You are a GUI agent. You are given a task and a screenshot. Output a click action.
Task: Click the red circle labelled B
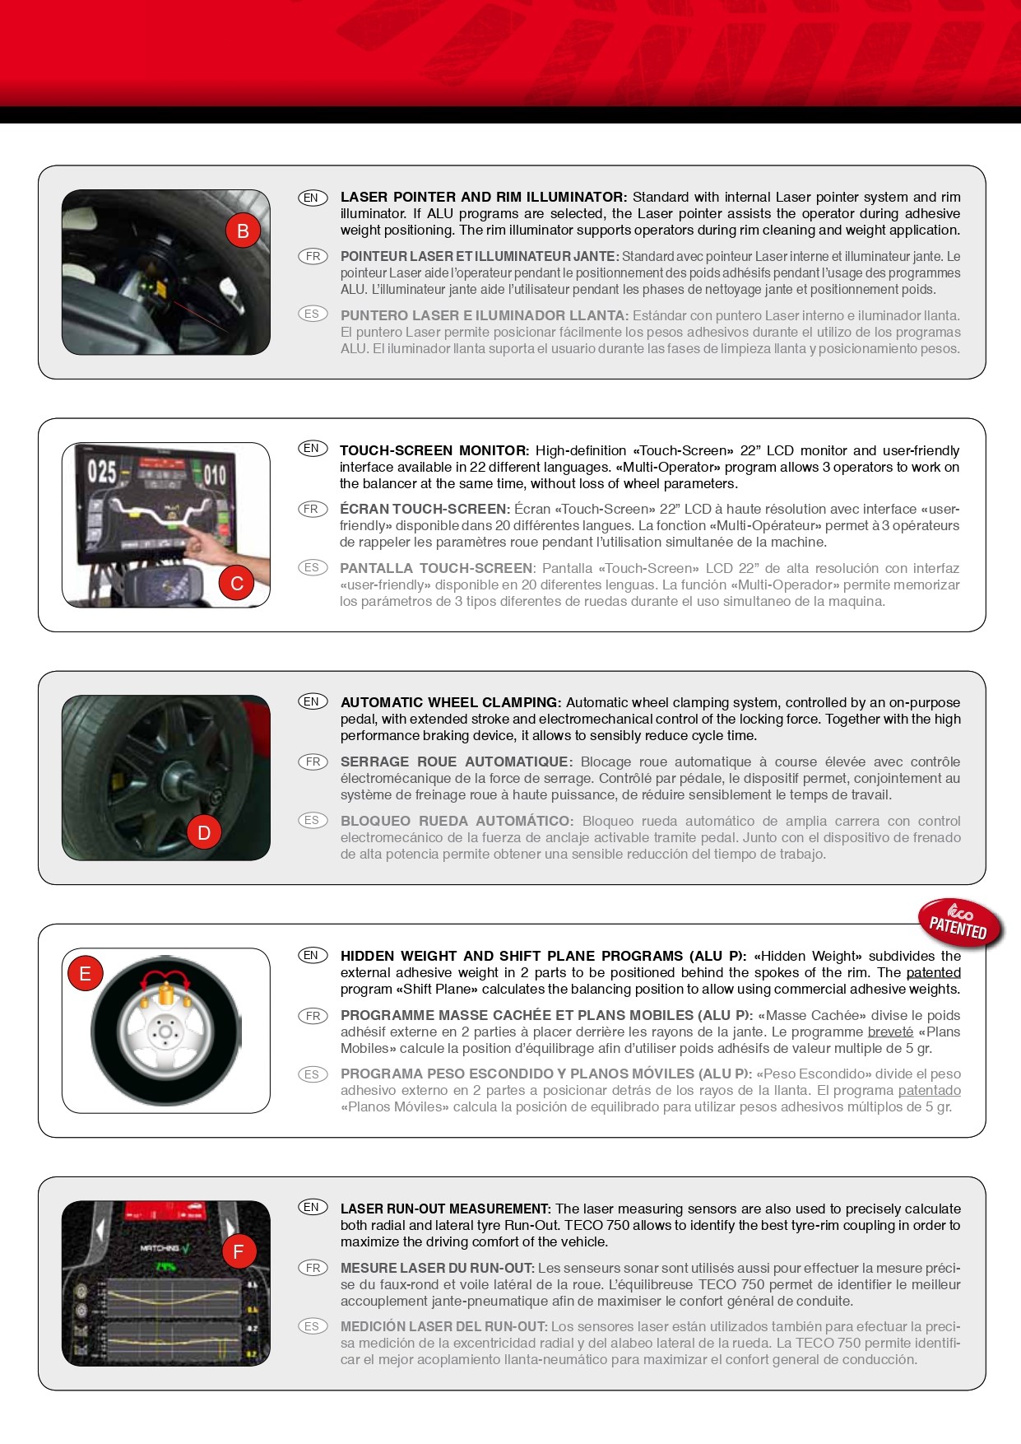[243, 231]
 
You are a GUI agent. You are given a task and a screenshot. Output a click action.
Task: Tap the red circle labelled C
[237, 584]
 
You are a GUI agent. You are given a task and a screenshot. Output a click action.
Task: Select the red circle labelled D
[204, 832]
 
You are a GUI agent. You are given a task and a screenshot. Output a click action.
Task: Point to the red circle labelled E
[85, 974]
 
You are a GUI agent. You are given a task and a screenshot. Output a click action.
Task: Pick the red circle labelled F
[239, 1252]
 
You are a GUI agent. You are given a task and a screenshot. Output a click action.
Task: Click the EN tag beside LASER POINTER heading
[312, 198]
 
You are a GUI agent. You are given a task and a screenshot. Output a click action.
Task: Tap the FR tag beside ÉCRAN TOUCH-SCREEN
[312, 509]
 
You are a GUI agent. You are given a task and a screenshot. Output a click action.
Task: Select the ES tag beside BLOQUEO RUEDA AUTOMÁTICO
[312, 820]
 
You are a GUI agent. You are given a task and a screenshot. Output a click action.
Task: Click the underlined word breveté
[890, 1032]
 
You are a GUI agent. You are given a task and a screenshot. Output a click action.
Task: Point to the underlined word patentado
[929, 1091]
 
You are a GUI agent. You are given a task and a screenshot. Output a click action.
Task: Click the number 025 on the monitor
[102, 472]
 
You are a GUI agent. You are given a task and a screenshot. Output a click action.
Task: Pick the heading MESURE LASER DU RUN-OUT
[438, 1268]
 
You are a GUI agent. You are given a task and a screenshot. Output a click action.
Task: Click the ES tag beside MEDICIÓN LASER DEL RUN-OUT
[312, 1326]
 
